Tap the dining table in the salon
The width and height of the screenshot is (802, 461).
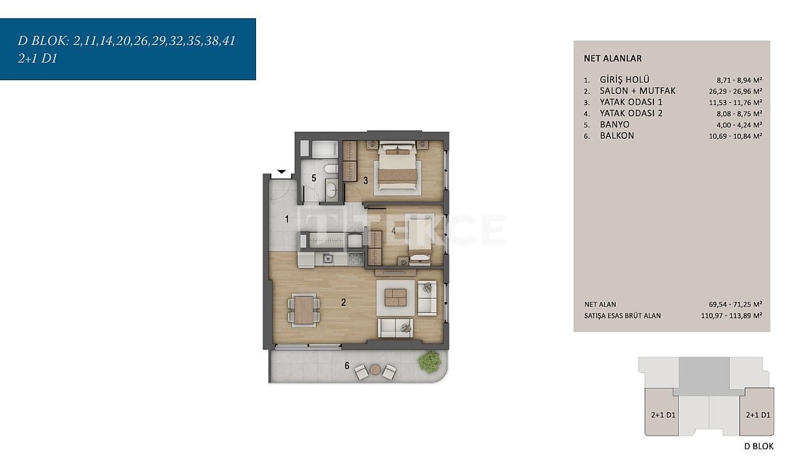(304, 310)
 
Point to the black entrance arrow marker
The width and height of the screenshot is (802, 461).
(281, 171)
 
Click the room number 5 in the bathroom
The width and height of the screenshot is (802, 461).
(313, 178)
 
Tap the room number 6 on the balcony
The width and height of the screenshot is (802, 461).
(347, 366)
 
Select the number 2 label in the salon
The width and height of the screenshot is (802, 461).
(343, 303)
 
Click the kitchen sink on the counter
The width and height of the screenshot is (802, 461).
(328, 258)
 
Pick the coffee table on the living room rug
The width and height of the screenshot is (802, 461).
(395, 297)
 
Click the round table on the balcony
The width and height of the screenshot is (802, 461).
(375, 369)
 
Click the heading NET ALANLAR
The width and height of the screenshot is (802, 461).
(612, 59)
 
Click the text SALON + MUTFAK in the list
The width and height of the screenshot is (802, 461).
(638, 91)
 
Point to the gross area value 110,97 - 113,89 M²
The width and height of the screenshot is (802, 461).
(732, 316)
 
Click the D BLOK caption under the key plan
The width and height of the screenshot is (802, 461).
(759, 446)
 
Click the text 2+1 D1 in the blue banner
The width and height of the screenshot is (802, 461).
(38, 59)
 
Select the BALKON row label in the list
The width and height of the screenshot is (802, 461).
(617, 136)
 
